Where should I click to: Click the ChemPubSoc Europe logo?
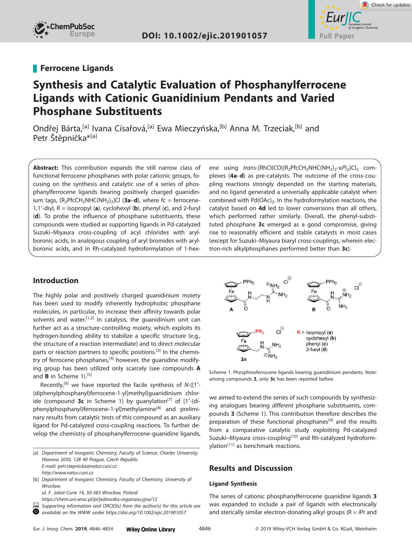click(64, 30)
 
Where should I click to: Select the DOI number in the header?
click(204, 36)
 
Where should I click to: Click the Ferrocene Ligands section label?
click(77, 68)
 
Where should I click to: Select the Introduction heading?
click(56, 280)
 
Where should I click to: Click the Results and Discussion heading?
click(251, 468)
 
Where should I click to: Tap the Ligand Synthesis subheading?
click(233, 484)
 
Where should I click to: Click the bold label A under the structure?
click(232, 309)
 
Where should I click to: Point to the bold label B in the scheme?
click(314, 309)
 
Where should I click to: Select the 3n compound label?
click(243, 359)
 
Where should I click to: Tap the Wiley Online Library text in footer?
click(151, 529)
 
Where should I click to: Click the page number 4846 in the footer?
click(204, 529)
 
